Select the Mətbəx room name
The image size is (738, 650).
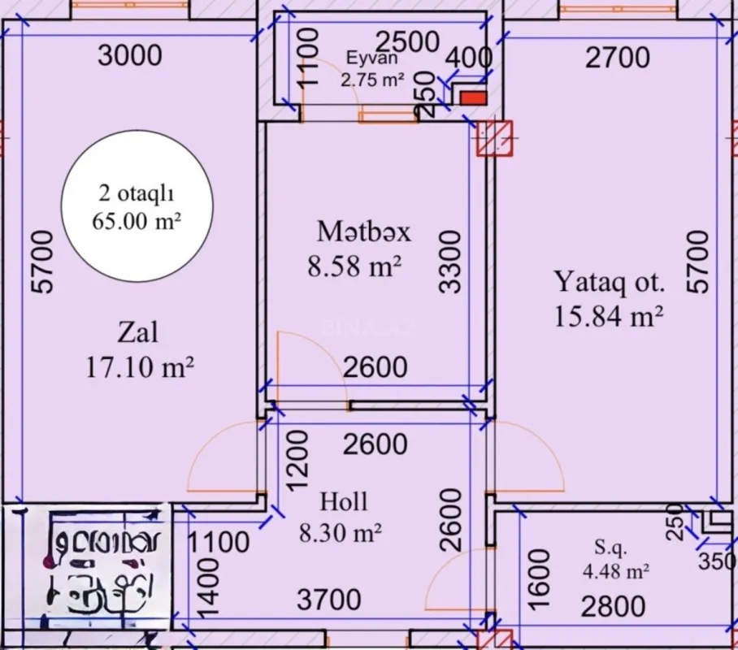363,232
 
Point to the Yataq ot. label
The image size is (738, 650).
609,282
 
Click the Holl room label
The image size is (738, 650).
343,500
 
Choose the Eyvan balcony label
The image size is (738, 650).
371,58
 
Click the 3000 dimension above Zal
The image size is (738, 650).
129,55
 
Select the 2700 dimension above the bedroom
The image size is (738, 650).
617,58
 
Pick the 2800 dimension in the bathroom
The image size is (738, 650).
613,606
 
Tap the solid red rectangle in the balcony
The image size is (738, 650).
473,98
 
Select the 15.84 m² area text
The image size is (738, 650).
609,315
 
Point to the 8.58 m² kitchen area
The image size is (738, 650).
355,266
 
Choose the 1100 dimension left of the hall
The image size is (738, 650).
219,541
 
